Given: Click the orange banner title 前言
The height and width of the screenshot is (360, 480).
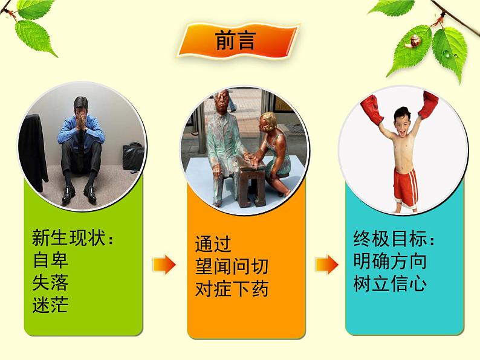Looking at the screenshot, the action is (235, 40).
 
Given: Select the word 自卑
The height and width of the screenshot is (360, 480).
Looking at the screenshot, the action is (50, 260).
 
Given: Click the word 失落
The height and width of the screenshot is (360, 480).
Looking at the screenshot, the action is (50, 282).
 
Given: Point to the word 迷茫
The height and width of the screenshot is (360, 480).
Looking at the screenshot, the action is (50, 304).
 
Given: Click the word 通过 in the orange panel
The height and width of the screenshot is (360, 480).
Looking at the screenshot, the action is (213, 244).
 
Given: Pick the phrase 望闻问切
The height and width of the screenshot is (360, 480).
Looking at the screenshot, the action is (232, 266).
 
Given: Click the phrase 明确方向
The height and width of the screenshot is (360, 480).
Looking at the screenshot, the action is (390, 261).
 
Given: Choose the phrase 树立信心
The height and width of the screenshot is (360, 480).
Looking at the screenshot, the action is (390, 283).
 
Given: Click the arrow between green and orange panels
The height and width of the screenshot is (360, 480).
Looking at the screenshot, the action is (164, 265).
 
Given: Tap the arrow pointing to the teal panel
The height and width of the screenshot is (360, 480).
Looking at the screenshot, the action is (327, 265).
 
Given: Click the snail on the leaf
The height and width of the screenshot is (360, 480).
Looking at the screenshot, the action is (412, 42).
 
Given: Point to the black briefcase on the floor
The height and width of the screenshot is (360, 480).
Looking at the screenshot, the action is (133, 156).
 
